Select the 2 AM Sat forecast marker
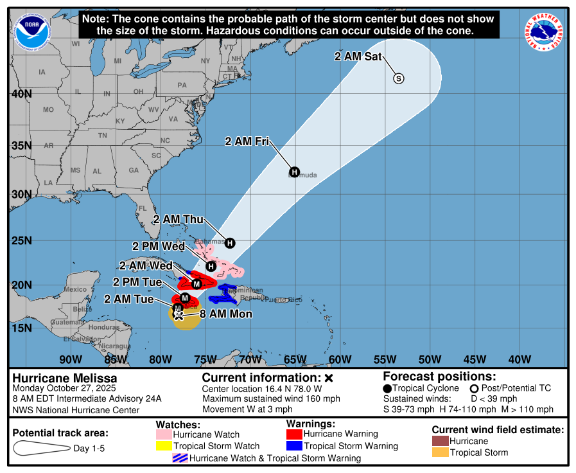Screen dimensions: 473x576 pyautogui.click(x=398, y=78)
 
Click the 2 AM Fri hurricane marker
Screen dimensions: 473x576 pyautogui.click(x=294, y=172)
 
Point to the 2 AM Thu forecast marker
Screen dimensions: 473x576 pyautogui.click(x=230, y=242)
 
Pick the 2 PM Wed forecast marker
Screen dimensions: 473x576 pyautogui.click(x=211, y=266)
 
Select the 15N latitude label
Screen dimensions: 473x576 pyautogui.click(x=21, y=328)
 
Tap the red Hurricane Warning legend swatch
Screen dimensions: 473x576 pyautogui.click(x=294, y=434)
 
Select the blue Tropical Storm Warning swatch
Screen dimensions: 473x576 pyautogui.click(x=294, y=446)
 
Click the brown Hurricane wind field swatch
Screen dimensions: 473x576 pyautogui.click(x=440, y=441)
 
